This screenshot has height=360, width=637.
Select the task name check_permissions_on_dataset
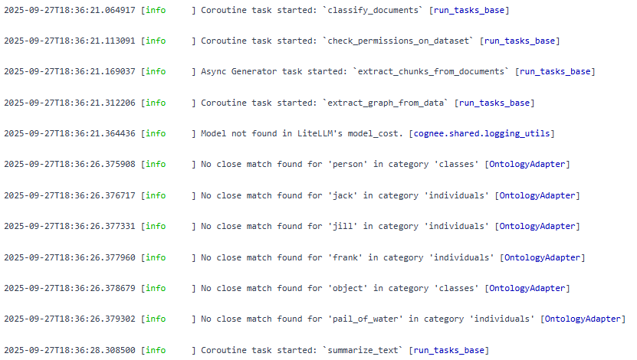pos(400,41)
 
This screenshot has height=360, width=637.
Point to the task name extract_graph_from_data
pos(389,103)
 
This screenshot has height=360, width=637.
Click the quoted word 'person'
pos(350,165)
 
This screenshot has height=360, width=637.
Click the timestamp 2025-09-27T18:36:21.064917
pos(70,9)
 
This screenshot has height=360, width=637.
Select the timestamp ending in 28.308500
pos(70,350)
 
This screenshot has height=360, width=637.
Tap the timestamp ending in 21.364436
pos(70,133)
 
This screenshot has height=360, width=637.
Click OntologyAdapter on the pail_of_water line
pos(583,319)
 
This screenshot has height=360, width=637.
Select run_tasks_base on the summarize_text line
pos(450,350)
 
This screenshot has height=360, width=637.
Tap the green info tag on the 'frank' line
pos(156,257)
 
